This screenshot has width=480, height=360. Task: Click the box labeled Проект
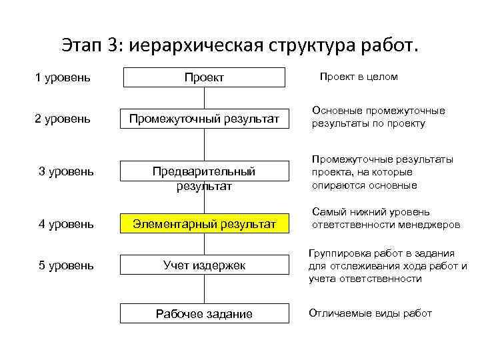203,78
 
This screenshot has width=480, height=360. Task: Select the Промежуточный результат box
203,119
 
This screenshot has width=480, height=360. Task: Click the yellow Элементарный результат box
203,224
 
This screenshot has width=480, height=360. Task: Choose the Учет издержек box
203,265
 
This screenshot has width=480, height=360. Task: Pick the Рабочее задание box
203,313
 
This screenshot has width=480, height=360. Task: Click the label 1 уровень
63,77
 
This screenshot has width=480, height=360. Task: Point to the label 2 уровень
63,119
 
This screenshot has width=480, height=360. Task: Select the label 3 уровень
66,171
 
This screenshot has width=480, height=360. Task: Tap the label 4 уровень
66,224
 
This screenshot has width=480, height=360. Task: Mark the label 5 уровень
66,265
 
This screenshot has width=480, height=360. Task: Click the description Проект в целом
359,77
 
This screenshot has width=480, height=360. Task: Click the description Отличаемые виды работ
369,313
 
